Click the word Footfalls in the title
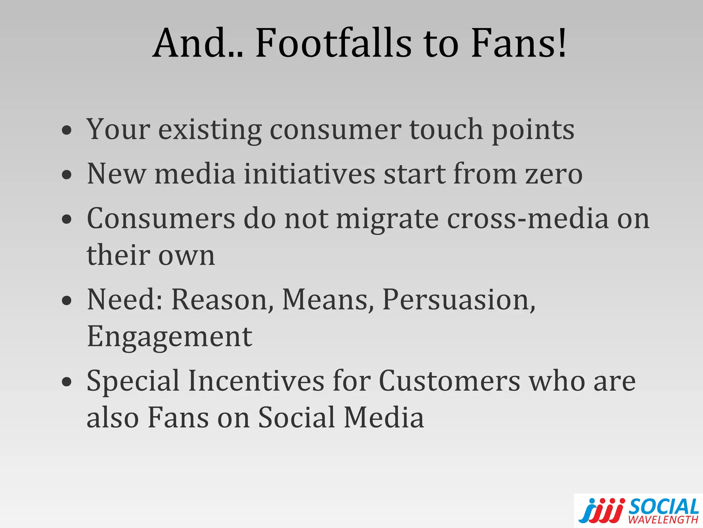[x=333, y=44]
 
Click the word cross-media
[x=528, y=219]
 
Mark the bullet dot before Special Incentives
[x=67, y=382]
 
